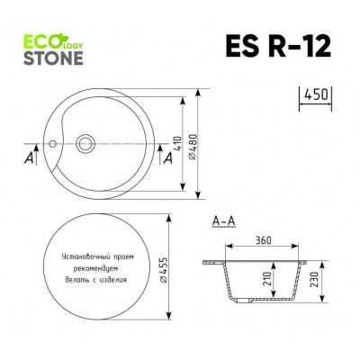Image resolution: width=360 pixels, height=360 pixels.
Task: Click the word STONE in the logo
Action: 52,58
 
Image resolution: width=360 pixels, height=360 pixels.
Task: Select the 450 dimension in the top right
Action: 314,94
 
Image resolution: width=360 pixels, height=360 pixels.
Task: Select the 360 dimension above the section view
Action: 264,240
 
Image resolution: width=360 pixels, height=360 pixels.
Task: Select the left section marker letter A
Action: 30,158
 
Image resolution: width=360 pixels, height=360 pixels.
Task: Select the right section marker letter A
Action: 167,158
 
